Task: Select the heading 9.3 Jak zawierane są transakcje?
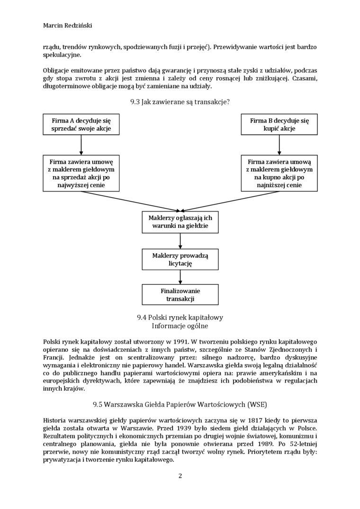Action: (180, 101)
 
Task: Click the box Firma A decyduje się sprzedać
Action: (81, 125)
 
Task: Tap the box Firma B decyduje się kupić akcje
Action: (279, 125)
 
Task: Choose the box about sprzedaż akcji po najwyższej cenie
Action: (81, 173)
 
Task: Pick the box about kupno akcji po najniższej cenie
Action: (279, 173)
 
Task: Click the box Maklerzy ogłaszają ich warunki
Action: (180, 222)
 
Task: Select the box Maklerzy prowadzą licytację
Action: (180, 259)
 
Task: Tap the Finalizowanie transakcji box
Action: (180, 295)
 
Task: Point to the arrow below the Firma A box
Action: (81, 145)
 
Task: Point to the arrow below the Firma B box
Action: (279, 145)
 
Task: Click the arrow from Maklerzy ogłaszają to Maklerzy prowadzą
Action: (180, 241)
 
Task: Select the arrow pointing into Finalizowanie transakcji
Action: (180, 277)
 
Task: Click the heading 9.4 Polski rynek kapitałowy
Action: (180, 317)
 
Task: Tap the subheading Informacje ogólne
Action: (180, 326)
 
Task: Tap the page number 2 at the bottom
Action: (180, 476)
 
